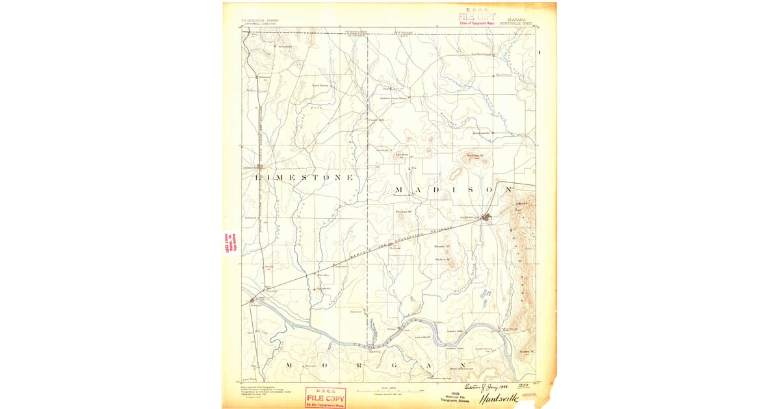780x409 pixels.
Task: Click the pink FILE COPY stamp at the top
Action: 477,16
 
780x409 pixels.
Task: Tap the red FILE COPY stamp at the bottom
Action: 326,397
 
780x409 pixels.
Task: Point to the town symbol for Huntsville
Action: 486,219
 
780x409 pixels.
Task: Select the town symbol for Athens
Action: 259,166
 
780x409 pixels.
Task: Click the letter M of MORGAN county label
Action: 288,366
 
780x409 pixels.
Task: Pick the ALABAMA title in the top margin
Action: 517,20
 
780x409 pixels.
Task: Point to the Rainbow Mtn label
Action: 406,211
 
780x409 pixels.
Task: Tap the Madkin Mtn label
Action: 443,260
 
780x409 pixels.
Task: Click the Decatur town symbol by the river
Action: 253,301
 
